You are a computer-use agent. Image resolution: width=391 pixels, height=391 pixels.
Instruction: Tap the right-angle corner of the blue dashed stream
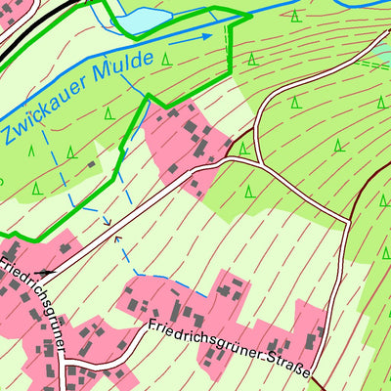(134, 273)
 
